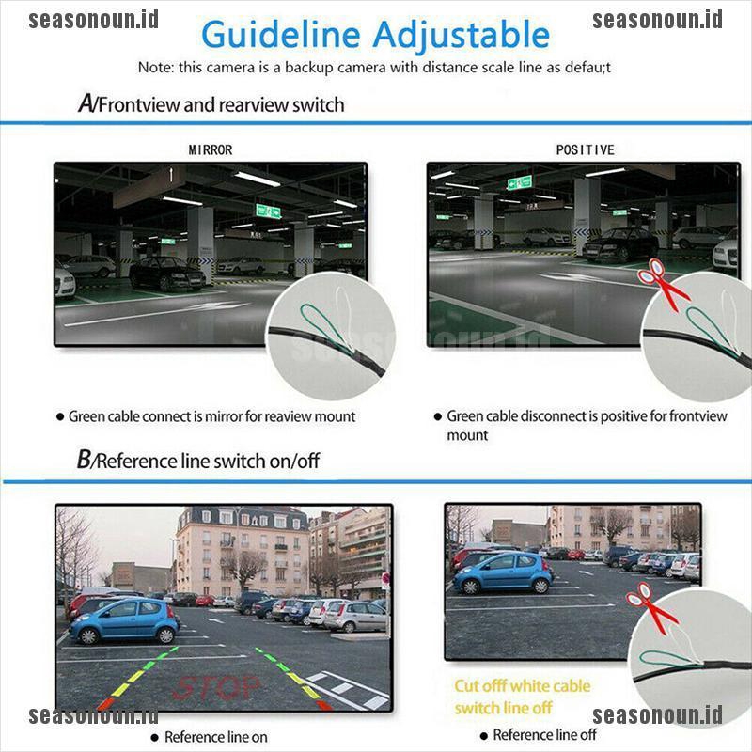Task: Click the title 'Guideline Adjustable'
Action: point(375,35)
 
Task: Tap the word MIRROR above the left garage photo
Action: point(211,149)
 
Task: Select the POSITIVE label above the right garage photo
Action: point(585,149)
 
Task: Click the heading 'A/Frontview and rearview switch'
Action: point(211,103)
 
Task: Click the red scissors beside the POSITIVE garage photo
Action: point(663,282)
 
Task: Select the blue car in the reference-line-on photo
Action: point(124,620)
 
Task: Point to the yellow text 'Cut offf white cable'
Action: point(522,686)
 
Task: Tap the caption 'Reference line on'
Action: point(215,737)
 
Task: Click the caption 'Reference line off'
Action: point(544,735)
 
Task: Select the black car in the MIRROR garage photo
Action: point(167,274)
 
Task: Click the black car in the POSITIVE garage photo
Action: point(620,244)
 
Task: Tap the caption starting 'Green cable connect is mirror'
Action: point(211,416)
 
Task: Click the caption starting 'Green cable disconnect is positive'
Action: point(587,416)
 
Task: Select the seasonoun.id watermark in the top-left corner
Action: point(93,19)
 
